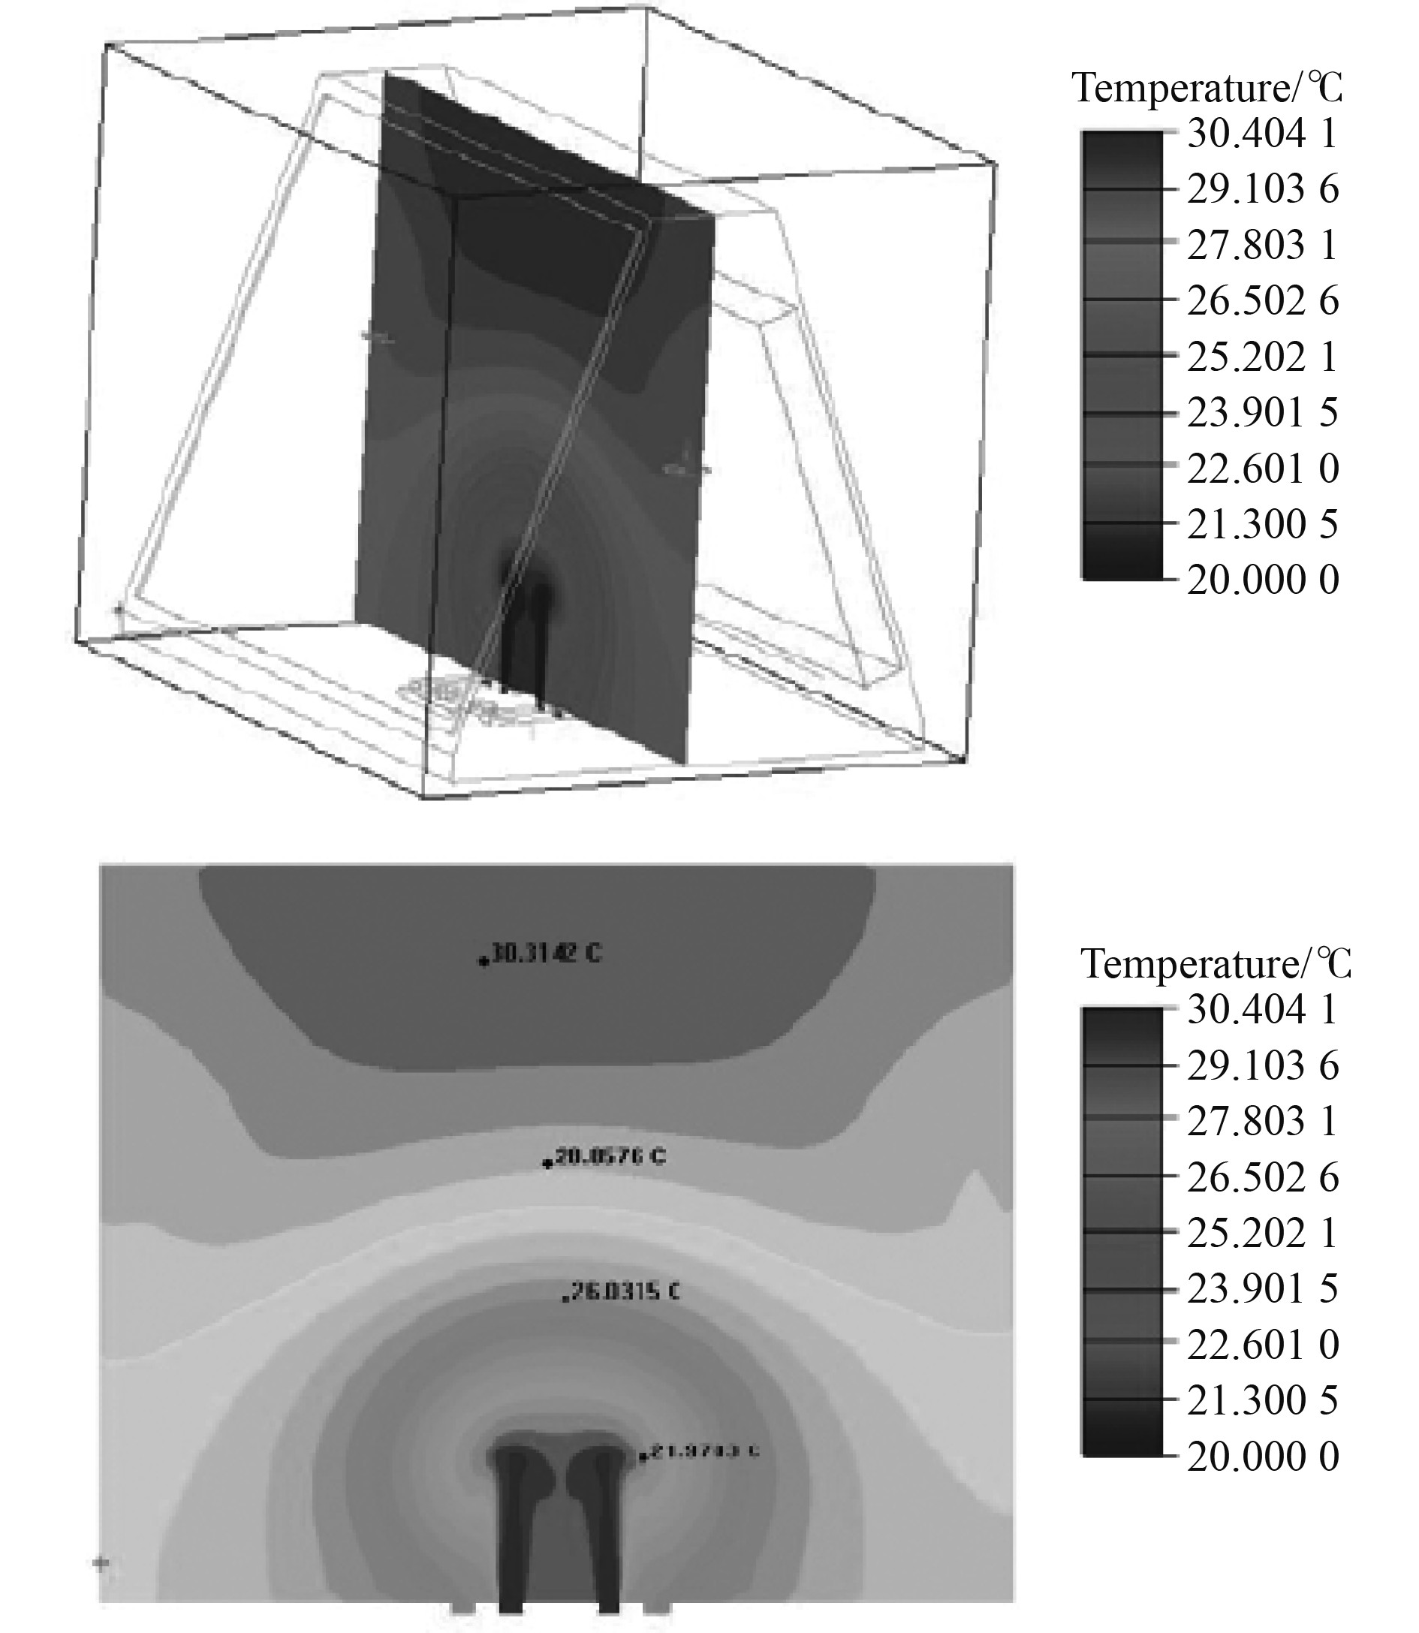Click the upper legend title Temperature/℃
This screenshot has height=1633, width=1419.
point(1207,88)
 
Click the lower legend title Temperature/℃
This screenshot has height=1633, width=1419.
point(1215,965)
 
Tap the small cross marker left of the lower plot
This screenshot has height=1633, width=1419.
point(101,1562)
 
